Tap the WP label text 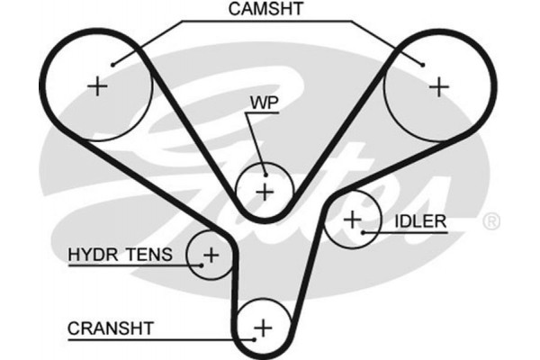pos(264,105)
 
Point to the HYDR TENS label pos(120,255)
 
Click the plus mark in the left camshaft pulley pos(98,86)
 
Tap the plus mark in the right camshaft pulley pos(437,86)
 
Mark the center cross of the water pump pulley pos(264,191)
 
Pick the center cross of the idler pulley pos(352,219)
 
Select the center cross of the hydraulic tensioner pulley pos(210,255)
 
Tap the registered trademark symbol pos(490,220)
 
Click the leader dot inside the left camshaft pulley pos(112,64)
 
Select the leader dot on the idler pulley pos(363,232)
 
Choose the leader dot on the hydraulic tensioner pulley pos(199,265)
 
